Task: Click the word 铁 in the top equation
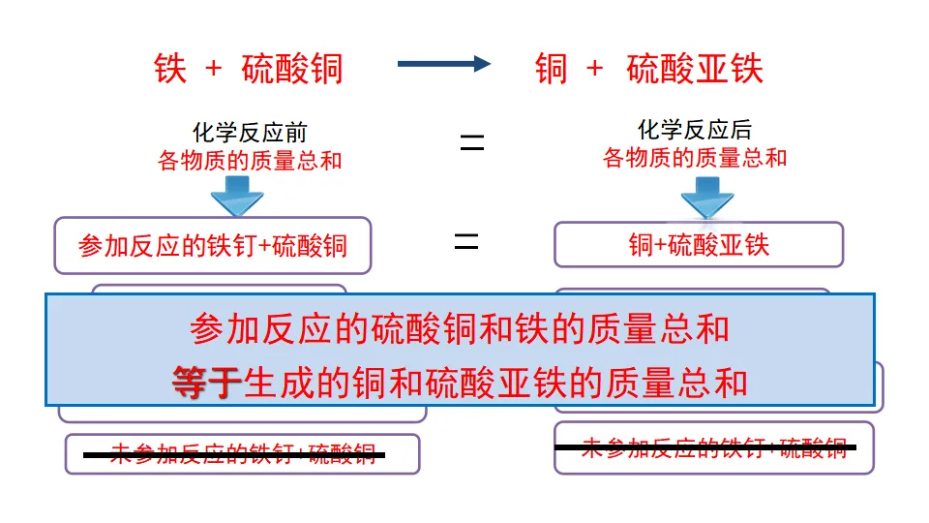click(x=170, y=69)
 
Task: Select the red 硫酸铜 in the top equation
click(x=292, y=69)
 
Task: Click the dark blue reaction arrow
click(x=443, y=64)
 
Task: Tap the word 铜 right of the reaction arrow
click(x=552, y=69)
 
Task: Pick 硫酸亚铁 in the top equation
click(x=695, y=69)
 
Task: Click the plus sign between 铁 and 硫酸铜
click(x=214, y=69)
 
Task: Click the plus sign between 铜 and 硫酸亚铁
click(x=594, y=69)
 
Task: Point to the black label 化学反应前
click(x=250, y=133)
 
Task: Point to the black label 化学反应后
click(x=695, y=130)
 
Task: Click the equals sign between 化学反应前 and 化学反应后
click(x=471, y=144)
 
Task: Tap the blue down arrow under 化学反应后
click(x=706, y=198)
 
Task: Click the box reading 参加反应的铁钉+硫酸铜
click(x=213, y=245)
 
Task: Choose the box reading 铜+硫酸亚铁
click(x=699, y=245)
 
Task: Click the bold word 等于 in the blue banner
click(x=207, y=383)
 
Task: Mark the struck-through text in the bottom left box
click(x=242, y=452)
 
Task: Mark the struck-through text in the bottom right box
click(x=713, y=447)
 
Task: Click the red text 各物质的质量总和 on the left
click(x=250, y=160)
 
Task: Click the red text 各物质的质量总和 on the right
click(x=695, y=157)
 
